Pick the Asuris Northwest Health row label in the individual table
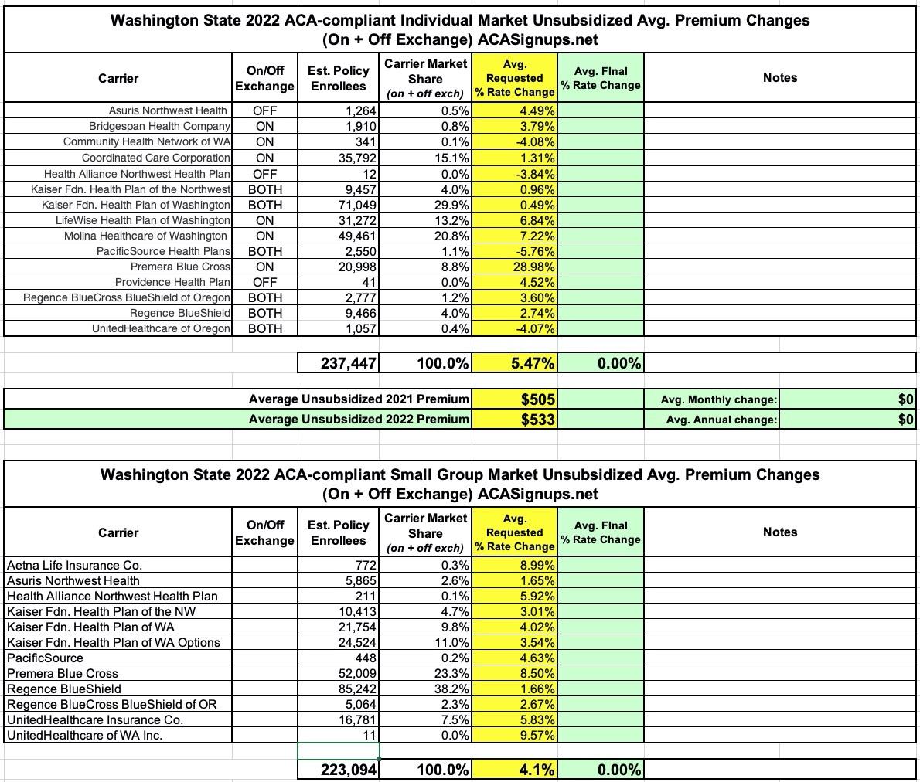(x=168, y=110)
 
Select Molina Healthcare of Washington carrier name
(x=145, y=236)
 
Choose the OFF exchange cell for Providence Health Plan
(x=264, y=282)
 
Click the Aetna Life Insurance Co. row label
(x=74, y=565)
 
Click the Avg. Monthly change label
(x=719, y=399)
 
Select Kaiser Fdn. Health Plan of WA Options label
(x=113, y=642)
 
